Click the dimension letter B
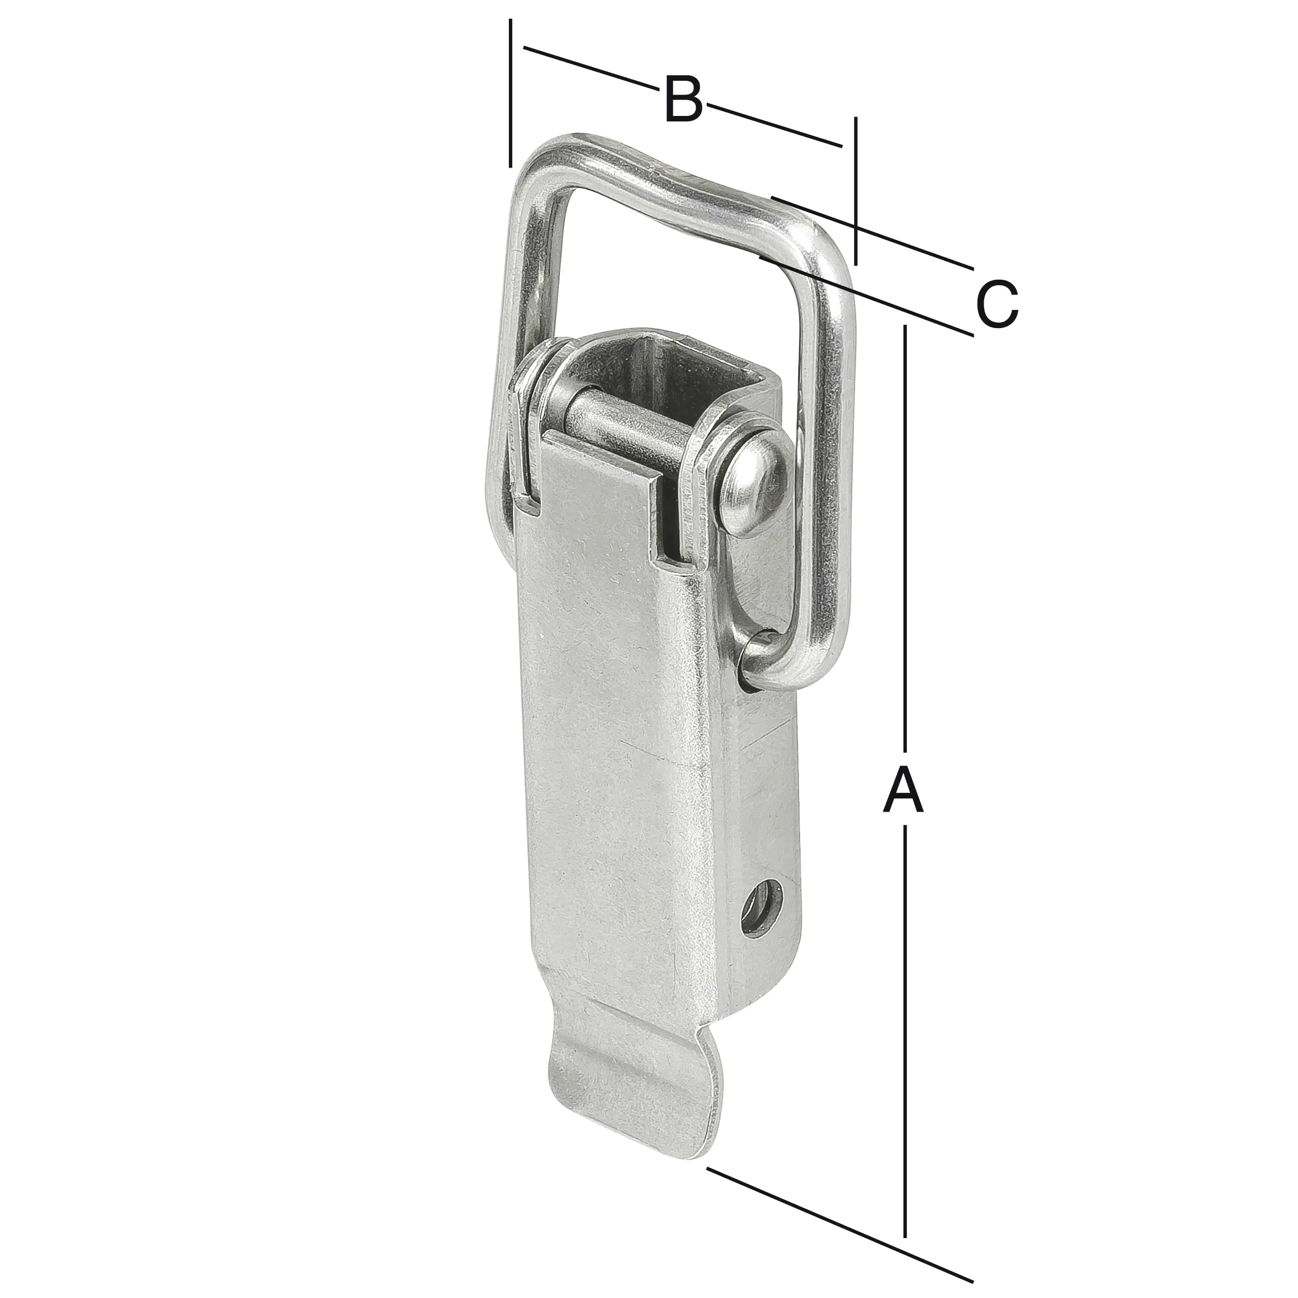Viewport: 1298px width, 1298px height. click(683, 100)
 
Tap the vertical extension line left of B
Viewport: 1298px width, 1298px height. click(511, 94)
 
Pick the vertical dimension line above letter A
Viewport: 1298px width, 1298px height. click(906, 537)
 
